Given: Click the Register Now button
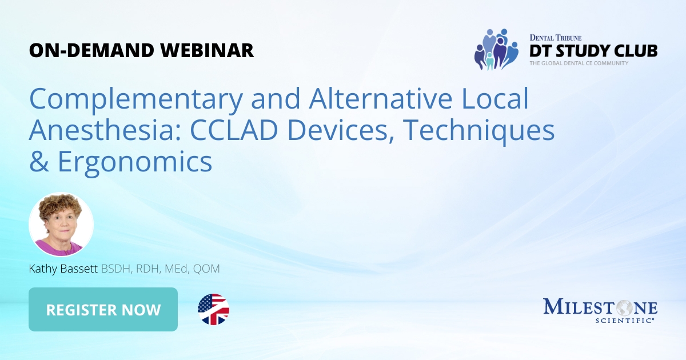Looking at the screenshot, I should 103,310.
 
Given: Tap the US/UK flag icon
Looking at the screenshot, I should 213,310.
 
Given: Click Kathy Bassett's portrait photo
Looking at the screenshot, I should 61,224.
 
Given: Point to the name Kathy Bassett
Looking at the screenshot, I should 63,269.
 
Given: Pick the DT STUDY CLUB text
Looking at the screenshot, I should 593,50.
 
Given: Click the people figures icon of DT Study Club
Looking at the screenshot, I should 496,49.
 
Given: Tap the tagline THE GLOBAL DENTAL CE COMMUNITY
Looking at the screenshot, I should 579,63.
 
